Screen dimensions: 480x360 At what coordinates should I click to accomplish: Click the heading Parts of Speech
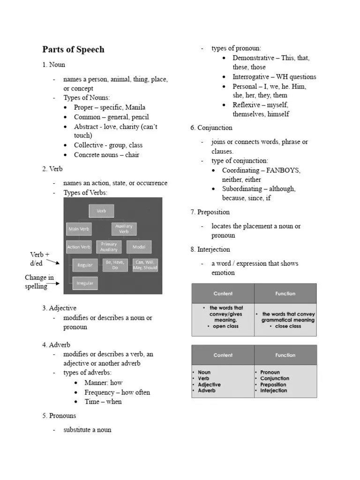pos(73,50)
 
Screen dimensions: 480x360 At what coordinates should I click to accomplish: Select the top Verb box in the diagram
pos(101,211)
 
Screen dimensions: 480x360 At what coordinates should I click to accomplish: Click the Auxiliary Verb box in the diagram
pos(124,229)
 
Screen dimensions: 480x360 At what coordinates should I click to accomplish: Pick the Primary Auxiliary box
pos(109,247)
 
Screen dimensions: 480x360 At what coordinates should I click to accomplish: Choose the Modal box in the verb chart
pos(139,247)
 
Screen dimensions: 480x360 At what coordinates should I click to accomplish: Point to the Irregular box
pos(85,283)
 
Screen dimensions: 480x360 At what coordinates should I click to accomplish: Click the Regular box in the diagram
pos(85,265)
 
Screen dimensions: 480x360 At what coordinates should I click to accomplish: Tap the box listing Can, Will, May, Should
pos(145,265)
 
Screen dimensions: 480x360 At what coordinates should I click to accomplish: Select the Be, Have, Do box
pos(115,265)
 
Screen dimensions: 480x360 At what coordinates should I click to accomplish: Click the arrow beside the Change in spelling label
pos(54,283)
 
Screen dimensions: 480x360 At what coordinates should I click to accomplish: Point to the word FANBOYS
pos(284,170)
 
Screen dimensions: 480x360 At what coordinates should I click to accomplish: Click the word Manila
pos(135,107)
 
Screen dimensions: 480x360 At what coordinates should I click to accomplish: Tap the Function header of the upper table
pos(285,293)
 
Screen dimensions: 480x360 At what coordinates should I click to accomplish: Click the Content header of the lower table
pos(223,355)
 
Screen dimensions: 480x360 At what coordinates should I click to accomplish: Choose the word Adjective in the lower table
pos(209,384)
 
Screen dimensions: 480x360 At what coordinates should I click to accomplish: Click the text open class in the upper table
pos(225,326)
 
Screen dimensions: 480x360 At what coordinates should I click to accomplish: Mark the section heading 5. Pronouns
pos(59,416)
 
